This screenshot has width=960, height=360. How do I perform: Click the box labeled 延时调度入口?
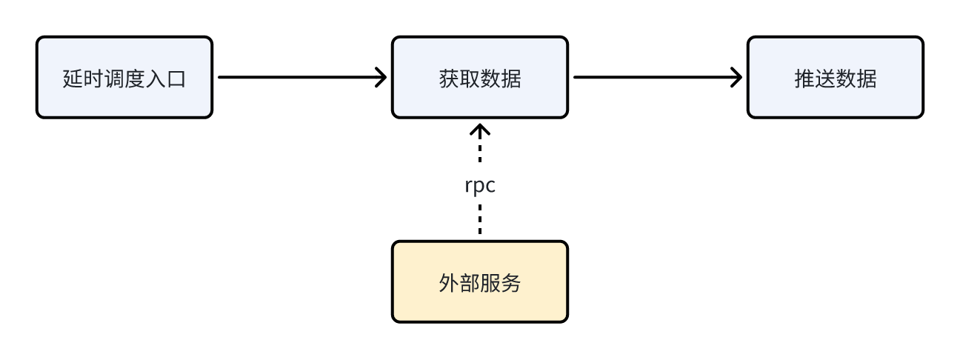(x=124, y=77)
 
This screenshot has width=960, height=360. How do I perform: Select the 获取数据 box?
(x=480, y=77)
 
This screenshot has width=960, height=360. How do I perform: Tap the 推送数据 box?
(x=835, y=77)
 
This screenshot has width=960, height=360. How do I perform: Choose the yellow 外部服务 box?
(x=480, y=281)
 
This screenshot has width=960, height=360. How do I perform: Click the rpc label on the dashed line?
(x=480, y=185)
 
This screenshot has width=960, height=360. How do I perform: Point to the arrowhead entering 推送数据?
(x=736, y=76)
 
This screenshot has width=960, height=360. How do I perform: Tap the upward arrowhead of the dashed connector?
(x=480, y=130)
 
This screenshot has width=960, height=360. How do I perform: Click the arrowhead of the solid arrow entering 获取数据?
(x=381, y=76)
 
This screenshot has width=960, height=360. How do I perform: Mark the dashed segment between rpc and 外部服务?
(x=480, y=220)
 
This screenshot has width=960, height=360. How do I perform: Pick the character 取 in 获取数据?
(x=470, y=79)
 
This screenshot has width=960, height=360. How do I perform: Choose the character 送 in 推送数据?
(x=825, y=79)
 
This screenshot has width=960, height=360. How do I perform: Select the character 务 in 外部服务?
(x=511, y=283)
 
